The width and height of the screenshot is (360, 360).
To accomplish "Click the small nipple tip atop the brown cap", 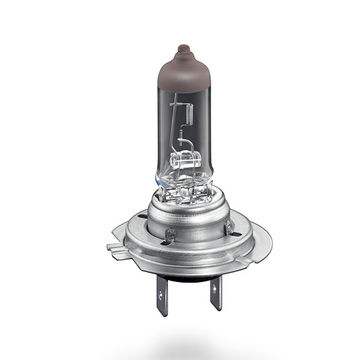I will coord(183,47).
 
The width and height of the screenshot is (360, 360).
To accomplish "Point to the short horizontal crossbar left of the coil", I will coord(175,104).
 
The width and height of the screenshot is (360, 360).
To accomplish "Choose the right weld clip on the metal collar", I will coord(228,226).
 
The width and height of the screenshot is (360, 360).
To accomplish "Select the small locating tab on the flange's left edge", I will coord(111,246).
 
